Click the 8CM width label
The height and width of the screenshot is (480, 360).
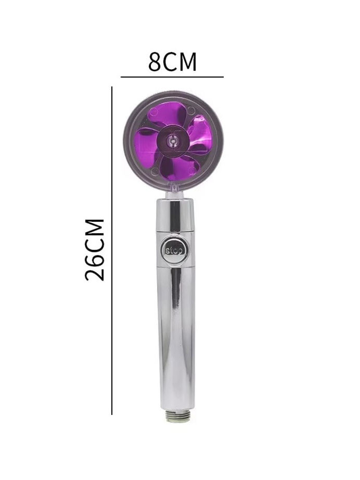pos(172,62)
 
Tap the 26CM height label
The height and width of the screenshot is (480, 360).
pos(95,249)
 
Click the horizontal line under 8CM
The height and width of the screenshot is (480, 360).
pos(172,77)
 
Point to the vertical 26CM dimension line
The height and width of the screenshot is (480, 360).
pos(112,250)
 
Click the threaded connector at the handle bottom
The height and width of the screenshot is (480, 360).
pos(178,416)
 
